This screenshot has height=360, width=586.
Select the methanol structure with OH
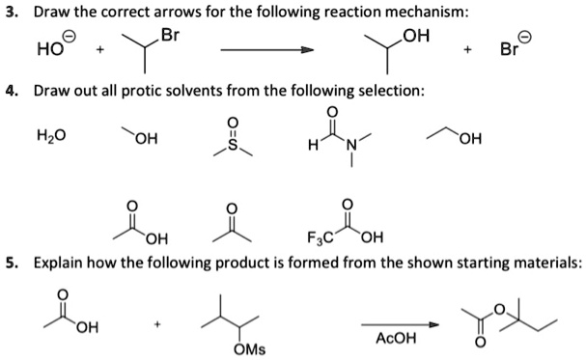pos(139,140)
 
